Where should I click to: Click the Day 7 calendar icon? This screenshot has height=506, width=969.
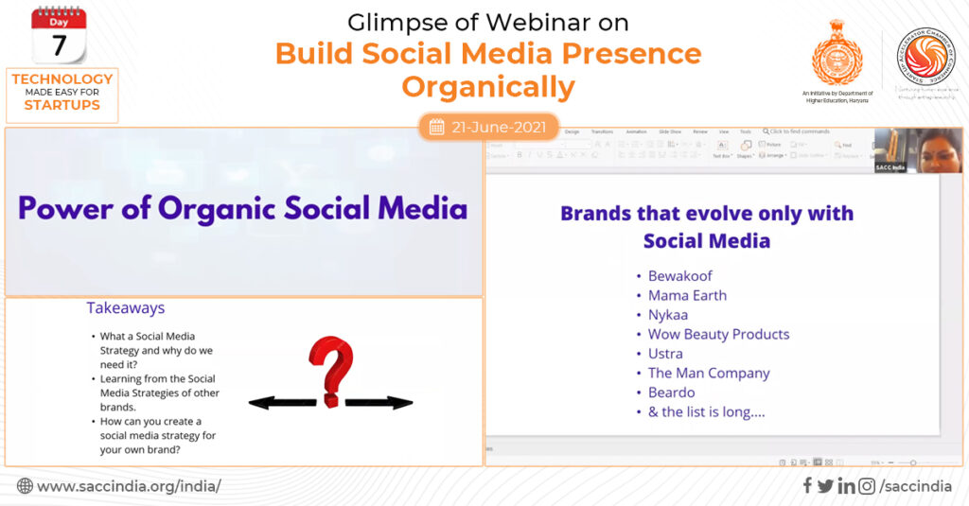tap(59, 35)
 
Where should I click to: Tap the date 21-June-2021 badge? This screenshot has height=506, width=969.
tap(488, 127)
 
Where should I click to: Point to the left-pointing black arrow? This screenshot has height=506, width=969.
tap(284, 403)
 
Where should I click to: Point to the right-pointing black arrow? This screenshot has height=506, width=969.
tap(379, 403)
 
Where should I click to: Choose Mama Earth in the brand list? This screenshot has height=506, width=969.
tap(687, 295)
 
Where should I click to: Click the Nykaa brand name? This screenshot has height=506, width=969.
tap(668, 315)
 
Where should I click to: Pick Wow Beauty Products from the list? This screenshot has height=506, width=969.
tap(718, 334)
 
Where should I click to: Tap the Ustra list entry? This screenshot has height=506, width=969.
tap(665, 354)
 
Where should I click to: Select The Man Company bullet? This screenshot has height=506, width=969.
tap(709, 373)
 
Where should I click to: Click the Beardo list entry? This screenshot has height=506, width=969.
tap(671, 393)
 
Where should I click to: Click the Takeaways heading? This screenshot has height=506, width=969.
tap(126, 308)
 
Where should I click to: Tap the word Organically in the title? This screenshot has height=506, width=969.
tap(488, 87)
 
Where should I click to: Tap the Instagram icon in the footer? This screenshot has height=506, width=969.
tap(866, 486)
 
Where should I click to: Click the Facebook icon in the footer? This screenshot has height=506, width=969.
tap(807, 486)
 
